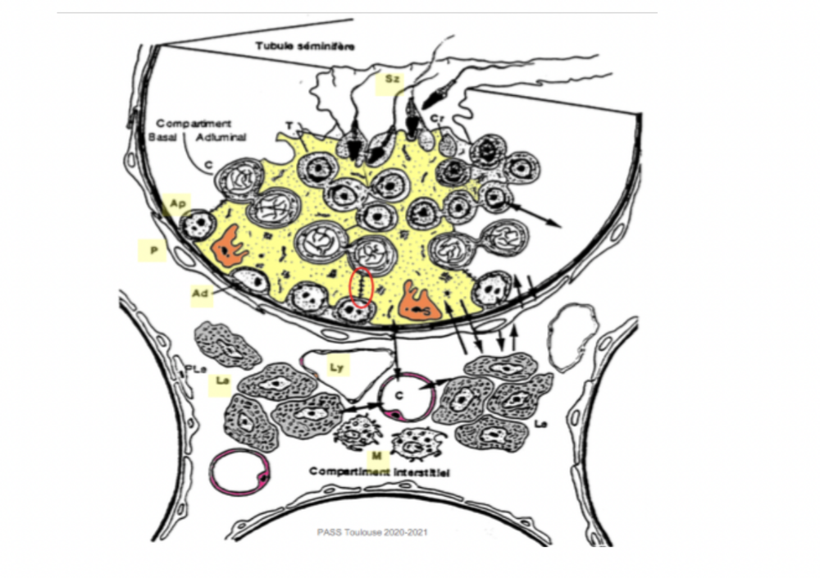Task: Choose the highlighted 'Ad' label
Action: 199,292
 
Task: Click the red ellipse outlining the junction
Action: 362,289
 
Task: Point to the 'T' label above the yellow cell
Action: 289,125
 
